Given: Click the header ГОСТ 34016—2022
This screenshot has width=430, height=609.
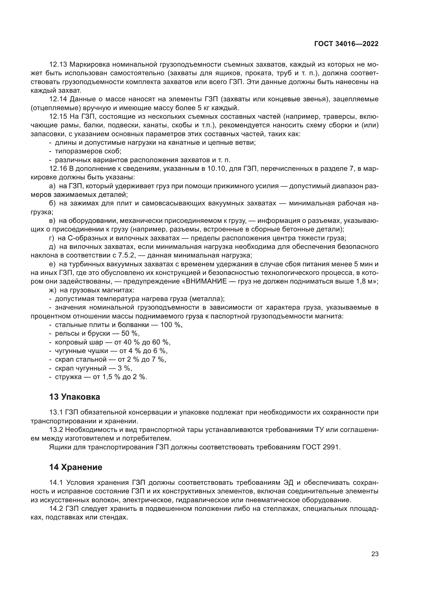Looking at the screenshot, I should pos(346,44).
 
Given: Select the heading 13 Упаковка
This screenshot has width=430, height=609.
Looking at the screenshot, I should pos(75,397).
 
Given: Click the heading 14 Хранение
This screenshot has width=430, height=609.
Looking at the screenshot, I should pos(76,467).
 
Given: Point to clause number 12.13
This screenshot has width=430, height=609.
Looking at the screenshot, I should pos(58,65).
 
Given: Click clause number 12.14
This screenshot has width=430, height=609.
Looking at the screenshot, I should pos(58,99).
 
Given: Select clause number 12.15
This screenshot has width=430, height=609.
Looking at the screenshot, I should pos(58,117).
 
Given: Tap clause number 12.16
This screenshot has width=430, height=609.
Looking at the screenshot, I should pos(58,169).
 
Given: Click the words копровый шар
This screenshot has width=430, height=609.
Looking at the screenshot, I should pos(79,342).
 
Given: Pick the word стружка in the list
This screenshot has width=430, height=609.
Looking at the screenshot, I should pos(68,377).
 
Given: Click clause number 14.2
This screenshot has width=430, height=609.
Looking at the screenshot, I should pos(56,509).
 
